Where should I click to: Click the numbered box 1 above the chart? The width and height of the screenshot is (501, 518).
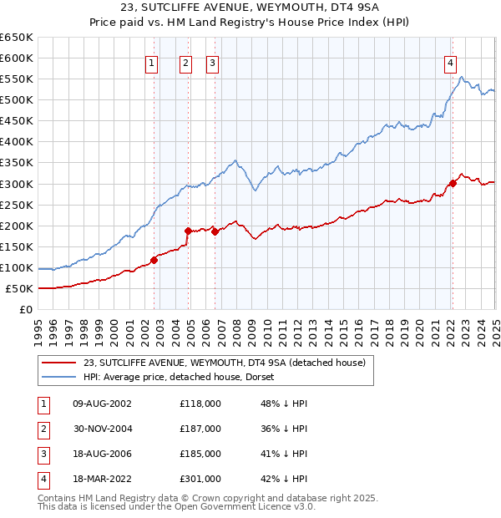coord(151,62)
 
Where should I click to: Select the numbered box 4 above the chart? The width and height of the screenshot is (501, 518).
coord(450,62)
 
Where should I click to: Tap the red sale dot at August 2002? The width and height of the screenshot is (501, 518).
coord(154,260)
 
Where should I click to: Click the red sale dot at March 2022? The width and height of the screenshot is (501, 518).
coord(453,183)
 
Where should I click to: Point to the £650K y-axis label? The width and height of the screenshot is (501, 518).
coord(17,38)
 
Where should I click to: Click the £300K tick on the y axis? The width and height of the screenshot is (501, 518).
coord(17,184)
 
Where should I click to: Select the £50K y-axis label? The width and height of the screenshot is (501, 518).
coord(20,289)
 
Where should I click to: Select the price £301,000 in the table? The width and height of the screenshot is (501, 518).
coord(200,479)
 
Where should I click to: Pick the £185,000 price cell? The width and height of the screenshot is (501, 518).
coord(200,454)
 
